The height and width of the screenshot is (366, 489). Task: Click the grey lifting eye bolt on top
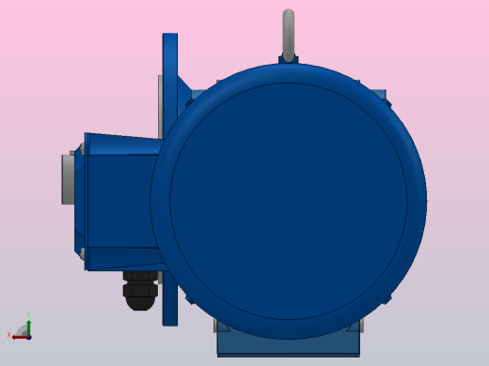coord(289,33)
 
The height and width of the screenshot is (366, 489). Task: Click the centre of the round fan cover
coord(288,201)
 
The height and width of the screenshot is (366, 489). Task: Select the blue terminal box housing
coord(118,201)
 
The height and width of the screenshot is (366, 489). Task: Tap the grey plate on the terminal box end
coord(68,178)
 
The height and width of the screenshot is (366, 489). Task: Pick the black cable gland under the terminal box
coord(140,289)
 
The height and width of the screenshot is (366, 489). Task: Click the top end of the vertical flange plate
coord(170,38)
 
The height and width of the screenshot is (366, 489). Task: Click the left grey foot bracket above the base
coord(224,326)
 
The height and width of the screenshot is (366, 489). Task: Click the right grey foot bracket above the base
coord(354,326)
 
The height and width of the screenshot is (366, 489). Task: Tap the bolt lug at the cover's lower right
coord(386,300)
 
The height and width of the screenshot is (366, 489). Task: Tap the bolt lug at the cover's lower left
coord(191,299)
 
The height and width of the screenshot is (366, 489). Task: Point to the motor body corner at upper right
coord(378,96)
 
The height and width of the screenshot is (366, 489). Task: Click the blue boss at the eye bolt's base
coord(289,60)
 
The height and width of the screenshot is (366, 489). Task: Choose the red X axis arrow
coord(18,335)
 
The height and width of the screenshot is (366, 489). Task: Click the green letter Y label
coord(28,316)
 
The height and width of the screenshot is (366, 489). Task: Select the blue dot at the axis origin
coord(28,335)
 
